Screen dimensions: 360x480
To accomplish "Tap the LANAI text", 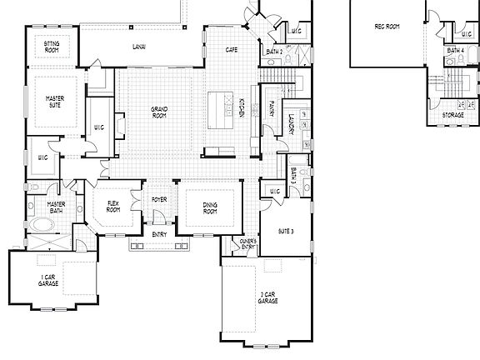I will (x=139, y=47).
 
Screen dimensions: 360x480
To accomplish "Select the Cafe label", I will (x=232, y=50).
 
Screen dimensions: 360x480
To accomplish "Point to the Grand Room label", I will (x=160, y=112).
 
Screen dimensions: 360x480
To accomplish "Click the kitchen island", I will (x=222, y=108).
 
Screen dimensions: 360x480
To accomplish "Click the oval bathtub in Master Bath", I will (x=39, y=225).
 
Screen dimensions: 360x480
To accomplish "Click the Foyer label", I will (x=159, y=200).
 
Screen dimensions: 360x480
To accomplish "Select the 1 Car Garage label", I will (x=47, y=282).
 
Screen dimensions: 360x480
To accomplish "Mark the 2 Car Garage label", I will (x=267, y=297).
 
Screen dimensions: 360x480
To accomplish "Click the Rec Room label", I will (x=387, y=26).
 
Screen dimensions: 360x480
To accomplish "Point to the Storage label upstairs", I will (x=453, y=115).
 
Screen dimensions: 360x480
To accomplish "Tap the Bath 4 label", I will (x=455, y=50).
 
